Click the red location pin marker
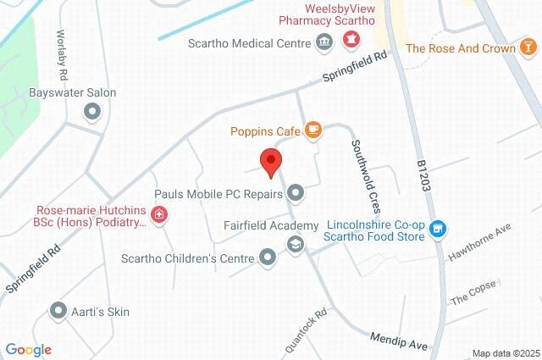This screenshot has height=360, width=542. [x=270, y=161]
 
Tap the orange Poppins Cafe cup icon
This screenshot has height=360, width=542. [x=313, y=130]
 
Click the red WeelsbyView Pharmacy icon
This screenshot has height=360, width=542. [x=349, y=39]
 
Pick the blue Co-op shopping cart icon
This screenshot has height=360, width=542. [x=437, y=227]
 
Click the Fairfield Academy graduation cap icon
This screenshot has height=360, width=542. [x=295, y=245]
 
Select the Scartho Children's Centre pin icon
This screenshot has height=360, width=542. [x=268, y=257]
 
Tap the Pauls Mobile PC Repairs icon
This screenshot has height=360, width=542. [x=296, y=193]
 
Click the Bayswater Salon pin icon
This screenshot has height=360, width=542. [x=92, y=111]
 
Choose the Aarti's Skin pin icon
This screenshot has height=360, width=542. [x=58, y=311]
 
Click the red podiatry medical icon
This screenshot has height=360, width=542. [x=160, y=216]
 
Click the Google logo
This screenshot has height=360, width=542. [x=28, y=349]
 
